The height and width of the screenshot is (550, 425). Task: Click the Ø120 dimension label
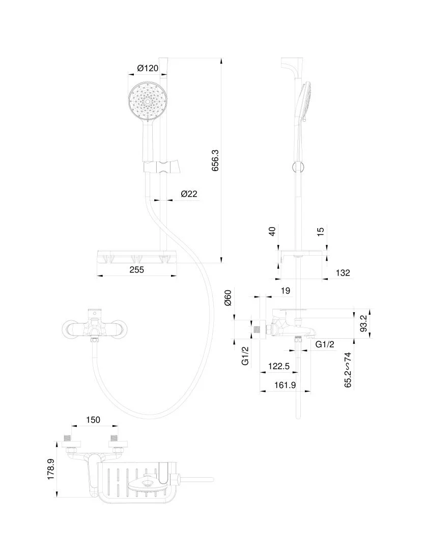pyautogui.click(x=148, y=68)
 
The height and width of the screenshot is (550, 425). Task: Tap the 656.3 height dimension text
pyautogui.click(x=215, y=160)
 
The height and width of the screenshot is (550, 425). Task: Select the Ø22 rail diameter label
pyautogui.click(x=189, y=194)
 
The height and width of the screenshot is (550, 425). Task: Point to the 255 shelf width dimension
pyautogui.click(x=136, y=270)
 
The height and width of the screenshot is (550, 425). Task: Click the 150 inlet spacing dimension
pyautogui.click(x=93, y=420)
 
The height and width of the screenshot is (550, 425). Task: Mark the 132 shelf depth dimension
pyautogui.click(x=343, y=273)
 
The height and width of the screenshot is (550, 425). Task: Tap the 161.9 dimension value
pyautogui.click(x=285, y=385)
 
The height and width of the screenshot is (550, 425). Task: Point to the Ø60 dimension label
pyautogui.click(x=228, y=297)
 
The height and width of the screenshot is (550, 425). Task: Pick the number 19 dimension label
pyautogui.click(x=286, y=291)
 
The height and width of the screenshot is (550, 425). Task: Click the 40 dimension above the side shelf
pyautogui.click(x=272, y=231)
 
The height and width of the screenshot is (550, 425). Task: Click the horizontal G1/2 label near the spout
pyautogui.click(x=325, y=345)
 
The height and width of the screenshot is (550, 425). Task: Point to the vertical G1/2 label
pyautogui.click(x=245, y=355)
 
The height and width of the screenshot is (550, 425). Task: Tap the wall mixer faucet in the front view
pyautogui.click(x=94, y=328)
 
